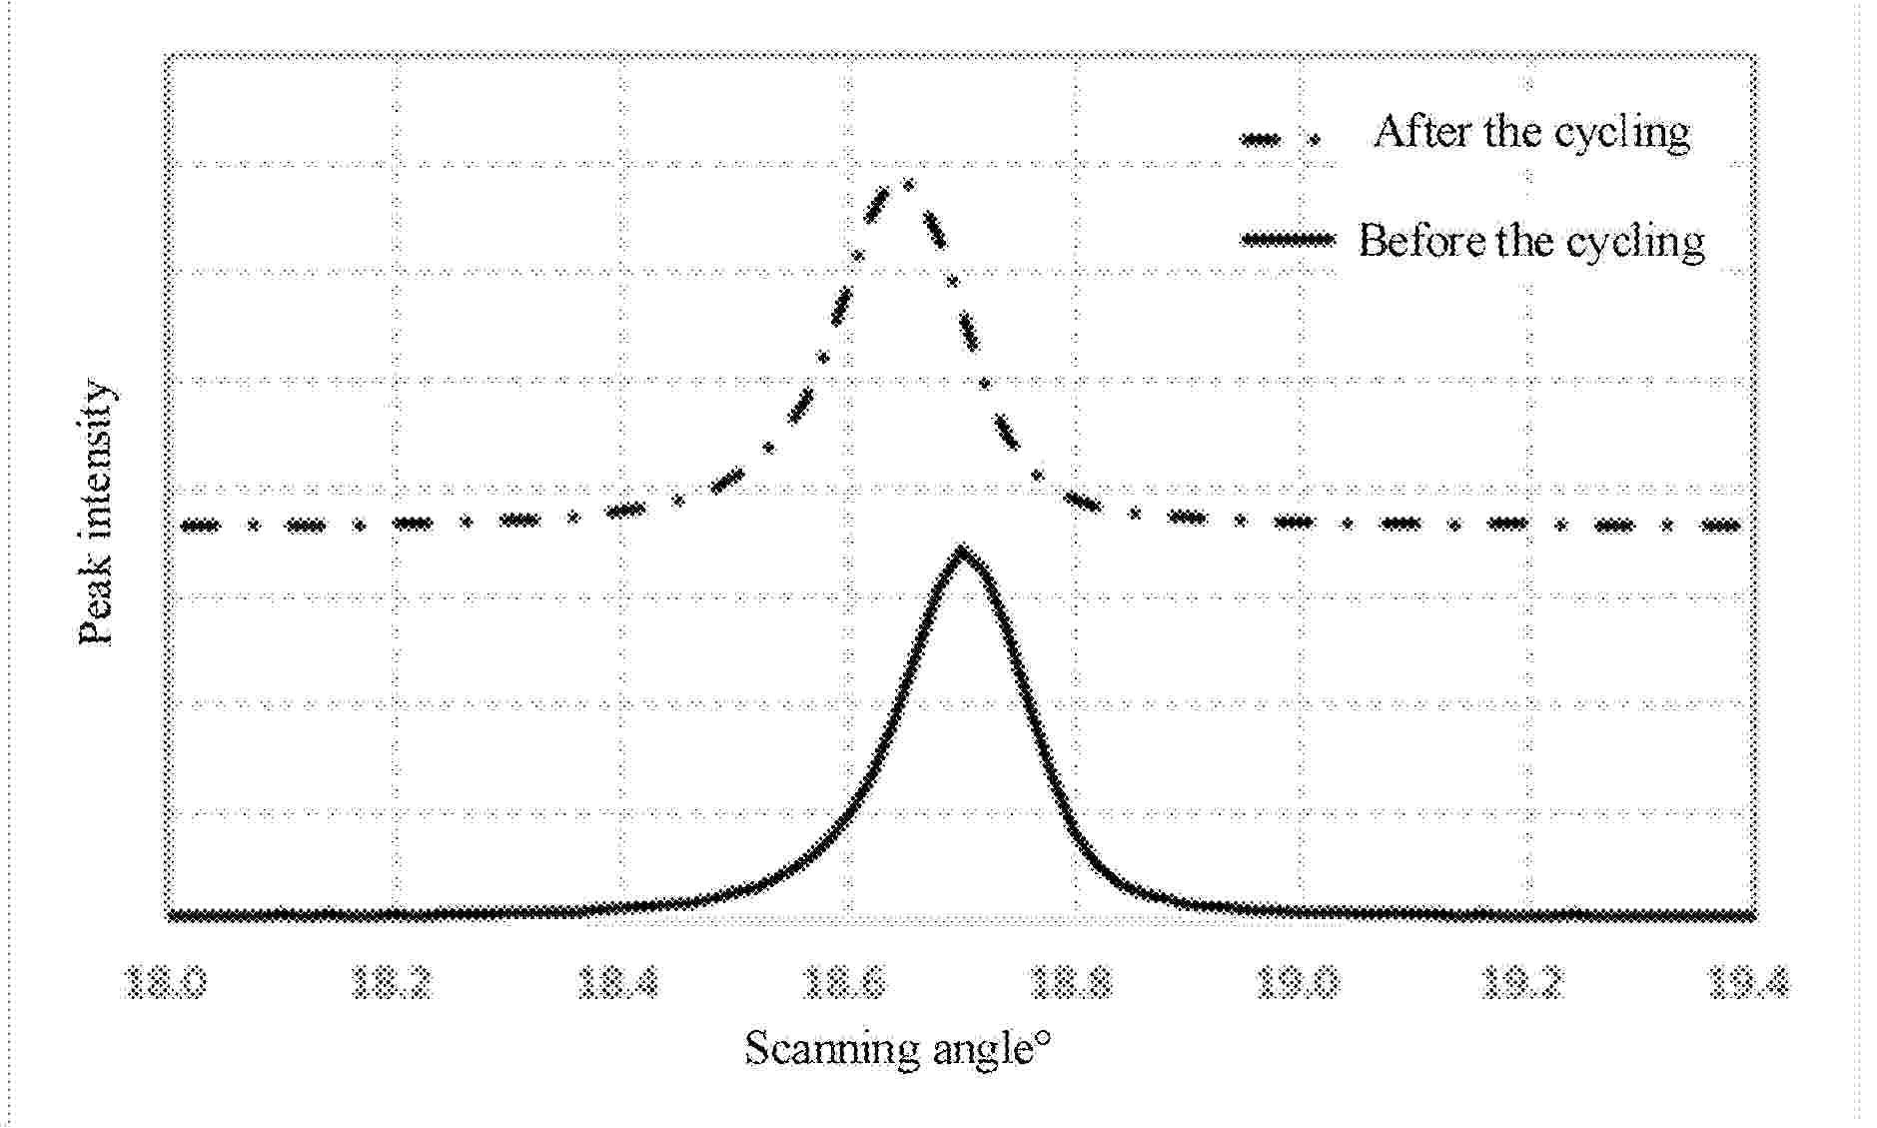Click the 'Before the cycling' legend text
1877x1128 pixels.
(1531, 242)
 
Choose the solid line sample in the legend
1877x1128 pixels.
(1287, 239)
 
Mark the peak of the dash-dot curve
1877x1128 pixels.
(904, 183)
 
